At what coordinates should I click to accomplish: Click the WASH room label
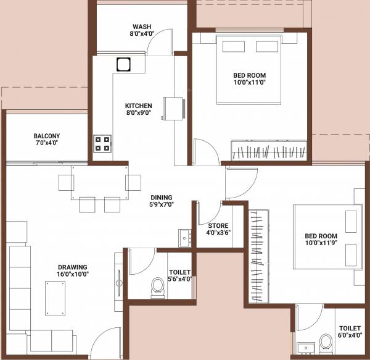(x=142, y=27)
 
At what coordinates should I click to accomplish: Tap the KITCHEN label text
(x=138, y=106)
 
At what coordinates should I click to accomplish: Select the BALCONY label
(x=47, y=136)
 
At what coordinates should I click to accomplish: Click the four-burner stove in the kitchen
(x=102, y=144)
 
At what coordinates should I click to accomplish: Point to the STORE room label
(x=217, y=225)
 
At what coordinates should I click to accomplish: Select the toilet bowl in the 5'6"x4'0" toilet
(x=158, y=287)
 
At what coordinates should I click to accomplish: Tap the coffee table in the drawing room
(x=56, y=296)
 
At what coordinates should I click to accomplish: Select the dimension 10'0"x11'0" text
(x=250, y=83)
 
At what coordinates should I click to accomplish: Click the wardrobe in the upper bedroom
(x=268, y=151)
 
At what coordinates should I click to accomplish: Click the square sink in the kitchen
(x=123, y=64)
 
